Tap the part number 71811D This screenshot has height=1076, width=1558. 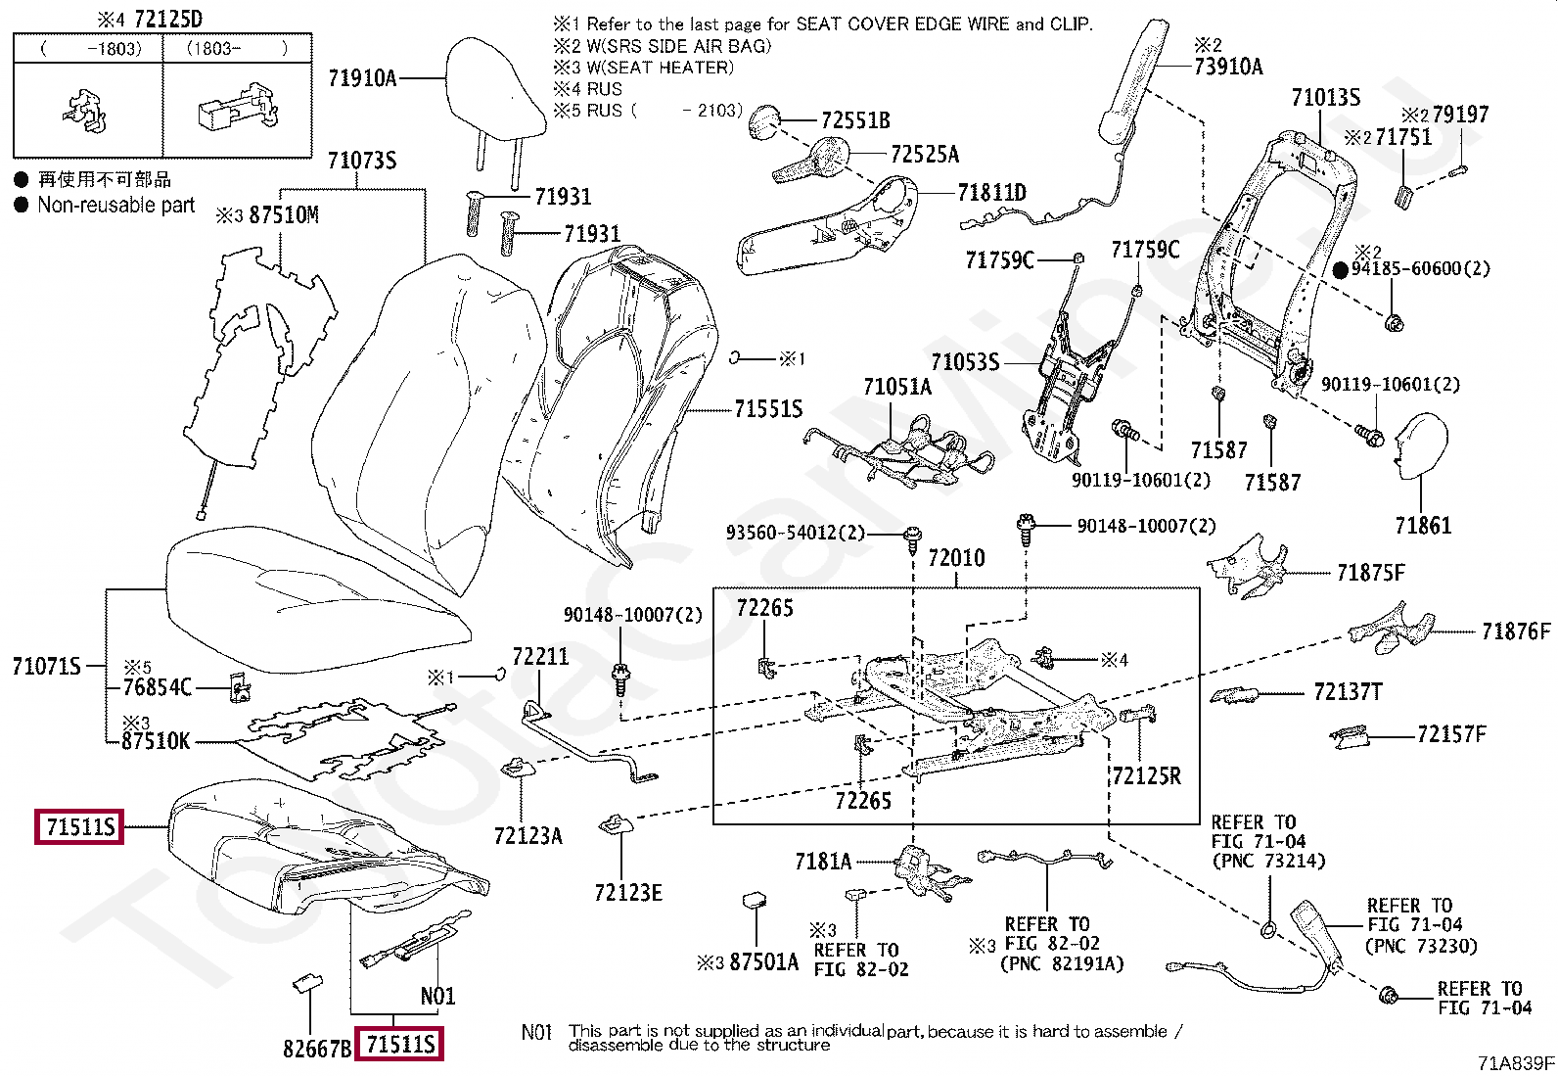pyautogui.click(x=991, y=192)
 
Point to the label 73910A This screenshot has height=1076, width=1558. pyautogui.click(x=1228, y=67)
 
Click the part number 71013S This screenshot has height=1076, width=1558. pyautogui.click(x=1326, y=98)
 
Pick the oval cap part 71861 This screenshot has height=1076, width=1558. pyautogui.click(x=1421, y=446)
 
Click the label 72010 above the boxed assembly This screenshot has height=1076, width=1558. pyautogui.click(x=956, y=558)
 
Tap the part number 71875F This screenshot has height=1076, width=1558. pyautogui.click(x=1370, y=573)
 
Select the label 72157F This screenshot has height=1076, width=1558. pyautogui.click(x=1451, y=734)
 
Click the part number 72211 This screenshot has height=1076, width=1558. pyautogui.click(x=540, y=656)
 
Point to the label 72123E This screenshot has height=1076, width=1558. pyautogui.click(x=628, y=892)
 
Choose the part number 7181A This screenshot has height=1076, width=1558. pyautogui.click(x=823, y=862)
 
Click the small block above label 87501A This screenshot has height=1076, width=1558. pyautogui.click(x=755, y=901)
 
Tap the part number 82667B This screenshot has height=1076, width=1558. pyautogui.click(x=317, y=1049)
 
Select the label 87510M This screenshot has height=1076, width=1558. pyautogui.click(x=284, y=215)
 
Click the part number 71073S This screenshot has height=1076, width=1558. pyautogui.click(x=362, y=161)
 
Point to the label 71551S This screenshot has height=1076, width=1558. pyautogui.click(x=768, y=408)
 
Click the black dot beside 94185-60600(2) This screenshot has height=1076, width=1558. pyautogui.click(x=1341, y=270)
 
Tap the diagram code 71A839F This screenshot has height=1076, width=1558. pyautogui.click(x=1516, y=1063)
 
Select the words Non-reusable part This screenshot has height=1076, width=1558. pyautogui.click(x=116, y=205)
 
